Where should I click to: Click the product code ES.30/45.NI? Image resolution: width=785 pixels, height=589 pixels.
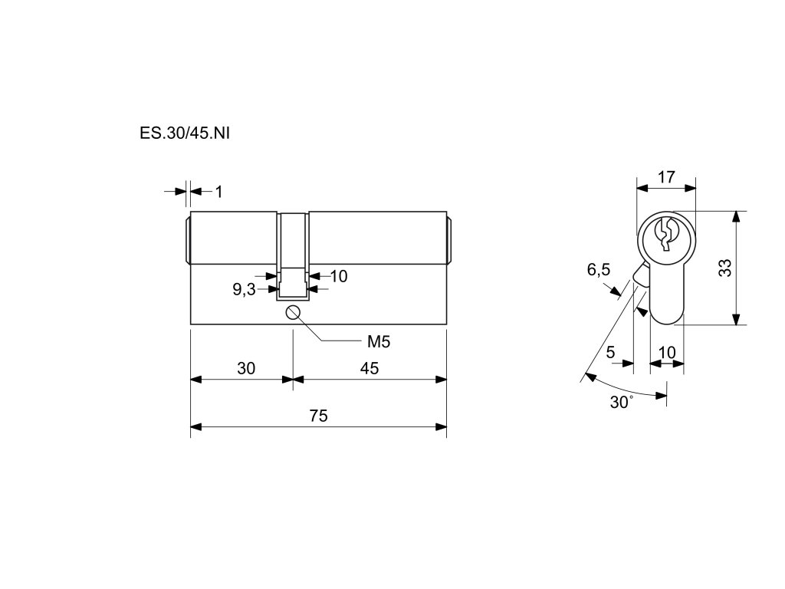(x=185, y=132)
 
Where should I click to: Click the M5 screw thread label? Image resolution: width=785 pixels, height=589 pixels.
(x=379, y=341)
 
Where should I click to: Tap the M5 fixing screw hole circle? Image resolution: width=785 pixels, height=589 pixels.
(x=292, y=311)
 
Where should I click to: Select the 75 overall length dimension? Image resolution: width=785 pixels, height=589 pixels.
(x=318, y=416)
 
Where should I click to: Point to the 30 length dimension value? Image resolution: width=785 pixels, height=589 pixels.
(x=245, y=368)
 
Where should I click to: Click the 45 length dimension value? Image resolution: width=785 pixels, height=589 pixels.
(x=370, y=368)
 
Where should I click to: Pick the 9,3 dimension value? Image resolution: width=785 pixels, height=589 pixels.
(x=244, y=289)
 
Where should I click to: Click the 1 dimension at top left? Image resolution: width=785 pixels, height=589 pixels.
(x=218, y=192)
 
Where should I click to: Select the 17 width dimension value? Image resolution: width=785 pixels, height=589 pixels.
(x=666, y=177)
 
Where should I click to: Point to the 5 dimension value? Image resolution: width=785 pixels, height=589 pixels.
(x=610, y=352)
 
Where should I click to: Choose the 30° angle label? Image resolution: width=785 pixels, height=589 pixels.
(x=622, y=402)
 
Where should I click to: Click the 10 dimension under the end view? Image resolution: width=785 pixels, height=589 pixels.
(x=667, y=352)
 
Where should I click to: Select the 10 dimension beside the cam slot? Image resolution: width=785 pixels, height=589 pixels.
(x=338, y=276)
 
